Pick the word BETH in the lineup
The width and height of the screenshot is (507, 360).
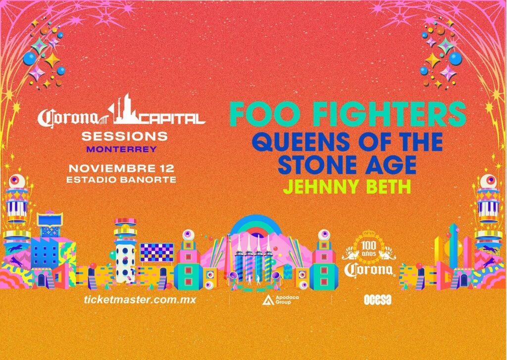click(x=389, y=187)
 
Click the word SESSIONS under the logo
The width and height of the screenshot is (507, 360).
click(x=124, y=136)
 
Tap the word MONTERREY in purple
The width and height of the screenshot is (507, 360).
click(x=122, y=150)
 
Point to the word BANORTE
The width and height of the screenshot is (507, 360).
click(x=148, y=180)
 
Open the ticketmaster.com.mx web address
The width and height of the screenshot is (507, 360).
click(x=140, y=300)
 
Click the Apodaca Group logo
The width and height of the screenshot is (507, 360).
click(x=281, y=300)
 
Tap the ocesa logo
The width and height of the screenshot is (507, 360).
click(x=377, y=300)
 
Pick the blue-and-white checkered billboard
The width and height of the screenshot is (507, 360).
click(x=157, y=253)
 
